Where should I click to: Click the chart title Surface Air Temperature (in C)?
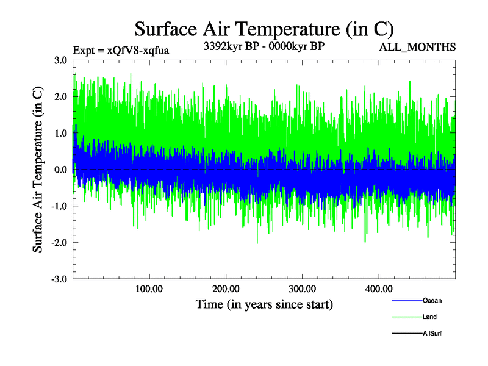[x=264, y=29]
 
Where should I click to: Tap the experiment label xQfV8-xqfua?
[x=120, y=50]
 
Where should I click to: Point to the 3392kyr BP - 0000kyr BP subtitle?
[x=264, y=46]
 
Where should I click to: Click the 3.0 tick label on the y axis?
[x=60, y=60]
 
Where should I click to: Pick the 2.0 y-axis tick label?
[x=60, y=96]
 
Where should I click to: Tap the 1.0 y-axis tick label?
[x=60, y=133]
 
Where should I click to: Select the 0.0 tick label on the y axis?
[x=60, y=170]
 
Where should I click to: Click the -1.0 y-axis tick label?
[x=59, y=206]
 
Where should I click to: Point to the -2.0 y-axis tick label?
[x=59, y=243]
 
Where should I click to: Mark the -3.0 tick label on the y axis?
[x=59, y=279]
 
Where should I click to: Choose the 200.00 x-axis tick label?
[x=226, y=289]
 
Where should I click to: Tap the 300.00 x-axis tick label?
[x=302, y=289]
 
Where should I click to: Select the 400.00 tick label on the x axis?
[x=378, y=289]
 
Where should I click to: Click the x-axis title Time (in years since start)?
[x=264, y=304]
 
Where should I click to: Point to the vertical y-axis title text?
[x=38, y=170]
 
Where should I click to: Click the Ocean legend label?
[x=432, y=300]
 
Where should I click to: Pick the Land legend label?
[x=429, y=317]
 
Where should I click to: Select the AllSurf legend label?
[x=432, y=333]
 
